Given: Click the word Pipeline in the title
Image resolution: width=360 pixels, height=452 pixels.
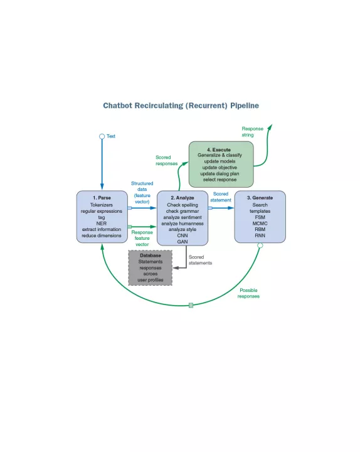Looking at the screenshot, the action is click(x=245, y=106).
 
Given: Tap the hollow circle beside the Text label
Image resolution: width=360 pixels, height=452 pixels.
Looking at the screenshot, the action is click(x=102, y=136).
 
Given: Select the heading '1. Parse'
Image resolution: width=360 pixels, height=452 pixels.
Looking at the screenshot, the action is click(x=102, y=198).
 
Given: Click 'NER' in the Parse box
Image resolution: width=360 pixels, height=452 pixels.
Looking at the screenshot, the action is click(x=102, y=223).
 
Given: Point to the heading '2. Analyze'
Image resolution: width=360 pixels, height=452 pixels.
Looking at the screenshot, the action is click(x=183, y=198).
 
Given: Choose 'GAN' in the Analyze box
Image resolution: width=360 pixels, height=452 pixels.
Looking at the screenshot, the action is click(x=183, y=242).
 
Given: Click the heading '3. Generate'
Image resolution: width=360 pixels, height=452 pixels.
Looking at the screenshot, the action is click(x=260, y=198).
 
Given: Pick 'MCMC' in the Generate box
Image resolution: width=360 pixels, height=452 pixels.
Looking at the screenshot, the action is click(x=260, y=223).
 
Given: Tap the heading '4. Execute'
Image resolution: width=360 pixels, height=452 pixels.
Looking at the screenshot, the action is click(x=219, y=149).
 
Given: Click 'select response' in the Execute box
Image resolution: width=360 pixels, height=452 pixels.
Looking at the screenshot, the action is click(x=220, y=180).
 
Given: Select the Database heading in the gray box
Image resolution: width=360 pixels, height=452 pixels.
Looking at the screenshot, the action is click(x=151, y=256).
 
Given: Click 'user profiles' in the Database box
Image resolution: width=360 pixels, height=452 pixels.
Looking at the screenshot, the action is click(x=151, y=280).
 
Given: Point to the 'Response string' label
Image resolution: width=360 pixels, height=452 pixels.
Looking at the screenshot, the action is click(x=252, y=132).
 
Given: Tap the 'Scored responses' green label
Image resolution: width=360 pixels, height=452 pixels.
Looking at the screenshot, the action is click(x=166, y=160).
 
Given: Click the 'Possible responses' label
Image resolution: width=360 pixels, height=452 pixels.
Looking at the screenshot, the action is click(x=248, y=293).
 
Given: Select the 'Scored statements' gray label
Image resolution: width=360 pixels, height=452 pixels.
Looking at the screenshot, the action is click(x=200, y=260).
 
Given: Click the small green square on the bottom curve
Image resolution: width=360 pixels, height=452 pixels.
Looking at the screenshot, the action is click(x=191, y=305).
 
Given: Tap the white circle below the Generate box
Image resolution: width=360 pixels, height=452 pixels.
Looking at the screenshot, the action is click(x=260, y=245).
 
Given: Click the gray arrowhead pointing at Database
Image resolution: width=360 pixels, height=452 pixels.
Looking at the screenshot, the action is click(x=176, y=268).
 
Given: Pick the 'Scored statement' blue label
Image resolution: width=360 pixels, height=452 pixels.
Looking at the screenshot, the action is click(x=221, y=197).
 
